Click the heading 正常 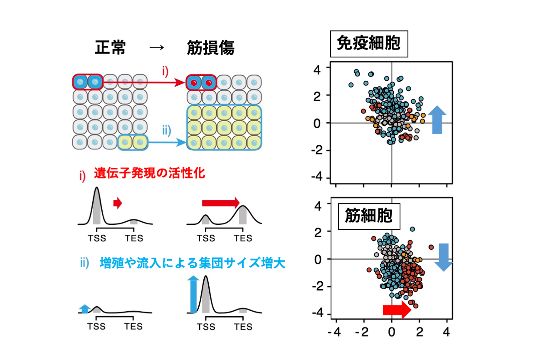click(x=110, y=47)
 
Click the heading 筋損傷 click(x=210, y=47)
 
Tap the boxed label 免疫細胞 click(x=369, y=44)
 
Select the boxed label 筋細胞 click(x=369, y=216)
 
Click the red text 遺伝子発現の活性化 click(x=150, y=173)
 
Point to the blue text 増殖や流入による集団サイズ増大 click(x=193, y=263)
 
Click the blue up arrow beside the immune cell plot click(x=437, y=120)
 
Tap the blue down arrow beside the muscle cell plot click(x=444, y=257)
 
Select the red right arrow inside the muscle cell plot click(x=397, y=310)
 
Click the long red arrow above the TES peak click(x=221, y=203)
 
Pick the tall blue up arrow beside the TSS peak click(x=193, y=295)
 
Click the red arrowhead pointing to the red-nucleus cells click(x=180, y=82)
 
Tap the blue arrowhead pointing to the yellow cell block click(x=181, y=142)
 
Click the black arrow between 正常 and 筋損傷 click(x=157, y=47)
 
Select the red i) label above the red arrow click(x=165, y=72)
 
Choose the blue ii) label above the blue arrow click(x=167, y=131)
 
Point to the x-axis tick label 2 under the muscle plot click(x=420, y=332)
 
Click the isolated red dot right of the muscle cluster click(x=431, y=247)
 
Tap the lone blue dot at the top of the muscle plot click(x=413, y=229)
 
